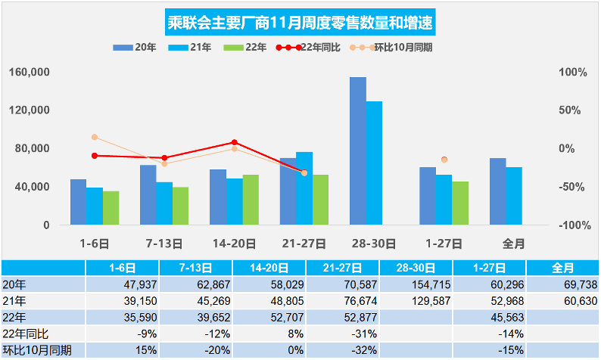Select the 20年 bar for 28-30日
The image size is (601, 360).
click(x=357, y=151)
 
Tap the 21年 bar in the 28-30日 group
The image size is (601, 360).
click(x=374, y=163)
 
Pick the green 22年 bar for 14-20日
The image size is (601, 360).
click(x=251, y=200)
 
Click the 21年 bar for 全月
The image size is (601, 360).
click(x=514, y=196)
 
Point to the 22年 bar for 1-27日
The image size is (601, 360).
click(x=460, y=203)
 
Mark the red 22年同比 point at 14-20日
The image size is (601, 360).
click(x=234, y=142)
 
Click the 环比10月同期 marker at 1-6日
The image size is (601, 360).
click(x=95, y=137)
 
